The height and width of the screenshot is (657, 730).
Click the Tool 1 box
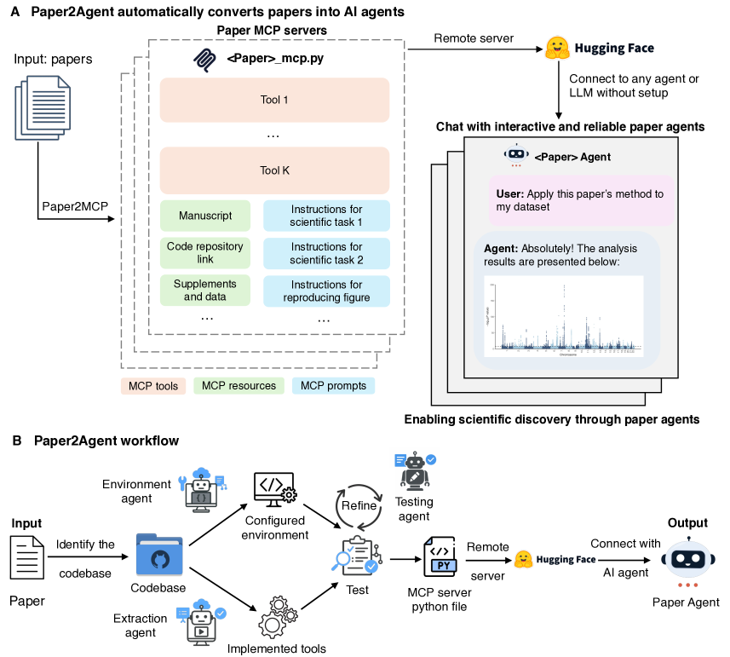(x=274, y=100)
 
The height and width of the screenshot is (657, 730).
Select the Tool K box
(x=274, y=170)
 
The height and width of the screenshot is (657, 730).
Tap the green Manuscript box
(x=205, y=216)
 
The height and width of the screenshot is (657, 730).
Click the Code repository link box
(x=205, y=253)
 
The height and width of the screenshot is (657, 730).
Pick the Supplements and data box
(x=205, y=291)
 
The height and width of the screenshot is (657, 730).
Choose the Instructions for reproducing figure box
(x=326, y=291)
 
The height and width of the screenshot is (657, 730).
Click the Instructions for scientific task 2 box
(x=326, y=253)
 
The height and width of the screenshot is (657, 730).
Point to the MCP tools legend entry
(x=153, y=386)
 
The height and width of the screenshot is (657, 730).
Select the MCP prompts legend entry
(x=333, y=386)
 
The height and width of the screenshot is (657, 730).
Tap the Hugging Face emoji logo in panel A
(x=557, y=48)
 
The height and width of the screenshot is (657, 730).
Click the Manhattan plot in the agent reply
(x=564, y=316)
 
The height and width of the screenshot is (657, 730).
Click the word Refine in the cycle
(x=359, y=505)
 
